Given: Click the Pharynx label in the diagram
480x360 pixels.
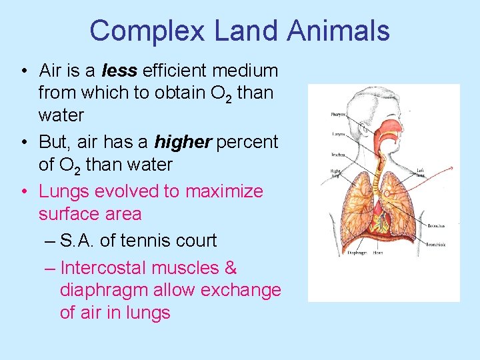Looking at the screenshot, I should [x=338, y=115].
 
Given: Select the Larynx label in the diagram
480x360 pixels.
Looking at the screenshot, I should [x=338, y=134].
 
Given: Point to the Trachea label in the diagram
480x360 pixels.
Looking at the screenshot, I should [x=338, y=155].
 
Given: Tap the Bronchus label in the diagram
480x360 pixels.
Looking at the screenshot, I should [x=437, y=226].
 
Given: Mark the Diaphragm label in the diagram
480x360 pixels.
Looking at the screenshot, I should [x=357, y=253].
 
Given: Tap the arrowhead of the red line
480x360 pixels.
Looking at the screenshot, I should [x=451, y=169].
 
